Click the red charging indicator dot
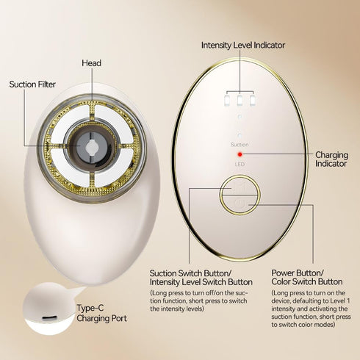240,154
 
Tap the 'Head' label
92,63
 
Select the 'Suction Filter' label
32,84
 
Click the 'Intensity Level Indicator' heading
243,46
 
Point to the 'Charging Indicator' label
331,159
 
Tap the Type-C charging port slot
49,318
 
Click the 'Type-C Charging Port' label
101,313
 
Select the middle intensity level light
240,101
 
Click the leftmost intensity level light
227,101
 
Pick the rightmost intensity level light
253,101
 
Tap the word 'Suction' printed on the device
240,145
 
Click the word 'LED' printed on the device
240,164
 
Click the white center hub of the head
93,148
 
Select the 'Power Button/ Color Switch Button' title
307,277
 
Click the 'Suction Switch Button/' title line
190,273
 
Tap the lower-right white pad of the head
115,168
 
